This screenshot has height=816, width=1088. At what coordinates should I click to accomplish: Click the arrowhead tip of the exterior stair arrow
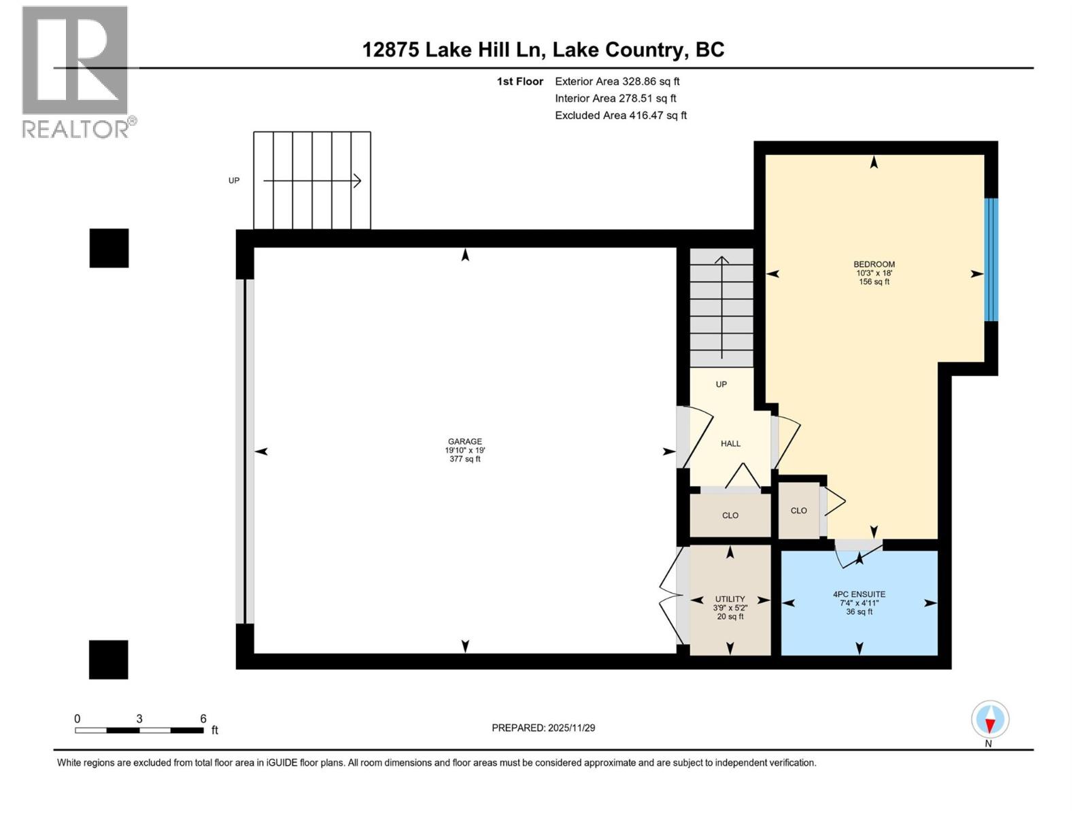tap(360, 181)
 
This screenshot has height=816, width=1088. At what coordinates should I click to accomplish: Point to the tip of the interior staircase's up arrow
tap(721, 256)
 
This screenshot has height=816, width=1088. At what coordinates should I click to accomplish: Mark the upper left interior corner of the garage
tap(254, 248)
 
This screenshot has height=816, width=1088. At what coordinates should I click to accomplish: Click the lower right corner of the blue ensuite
tap(937, 655)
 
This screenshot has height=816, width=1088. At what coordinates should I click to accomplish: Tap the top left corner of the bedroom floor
tap(766, 154)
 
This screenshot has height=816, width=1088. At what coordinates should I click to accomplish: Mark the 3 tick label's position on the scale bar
tap(139, 718)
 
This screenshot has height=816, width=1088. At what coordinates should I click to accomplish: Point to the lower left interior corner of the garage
tap(254, 653)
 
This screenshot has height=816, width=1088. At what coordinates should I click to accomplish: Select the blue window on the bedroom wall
tap(991, 260)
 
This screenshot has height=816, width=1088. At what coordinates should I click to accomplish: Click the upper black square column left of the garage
tap(109, 248)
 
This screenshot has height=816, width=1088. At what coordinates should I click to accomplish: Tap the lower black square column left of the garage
tap(109, 660)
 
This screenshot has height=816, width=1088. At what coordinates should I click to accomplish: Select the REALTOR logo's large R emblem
tap(75, 61)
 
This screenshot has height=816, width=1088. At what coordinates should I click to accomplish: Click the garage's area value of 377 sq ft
tap(464, 459)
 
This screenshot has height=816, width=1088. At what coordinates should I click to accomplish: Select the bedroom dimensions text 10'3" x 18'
tap(874, 273)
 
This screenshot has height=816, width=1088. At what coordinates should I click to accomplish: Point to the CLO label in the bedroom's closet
tap(798, 510)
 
